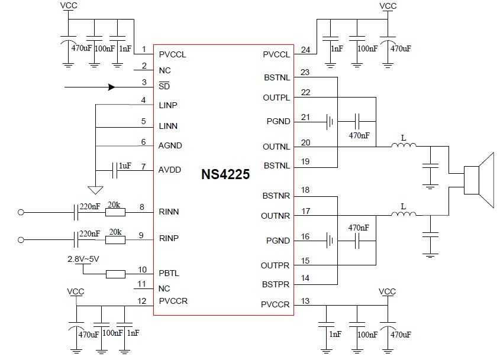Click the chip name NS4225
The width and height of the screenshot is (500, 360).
point(225,175)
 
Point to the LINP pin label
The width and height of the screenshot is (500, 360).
point(169,105)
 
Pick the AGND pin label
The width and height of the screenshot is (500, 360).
point(170,145)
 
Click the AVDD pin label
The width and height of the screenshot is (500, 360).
point(170,169)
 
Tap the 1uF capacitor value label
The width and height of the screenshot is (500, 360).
point(125,166)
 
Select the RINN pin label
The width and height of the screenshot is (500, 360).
point(169,211)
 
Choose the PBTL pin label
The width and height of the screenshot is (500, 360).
point(169,274)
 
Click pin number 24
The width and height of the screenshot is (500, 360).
point(305,50)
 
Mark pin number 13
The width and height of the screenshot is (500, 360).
point(305,301)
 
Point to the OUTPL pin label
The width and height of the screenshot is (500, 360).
point(276,97)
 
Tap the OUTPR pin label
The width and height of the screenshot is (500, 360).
point(276,265)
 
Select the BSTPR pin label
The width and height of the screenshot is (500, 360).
point(276,284)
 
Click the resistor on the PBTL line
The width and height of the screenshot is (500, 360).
point(115,274)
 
